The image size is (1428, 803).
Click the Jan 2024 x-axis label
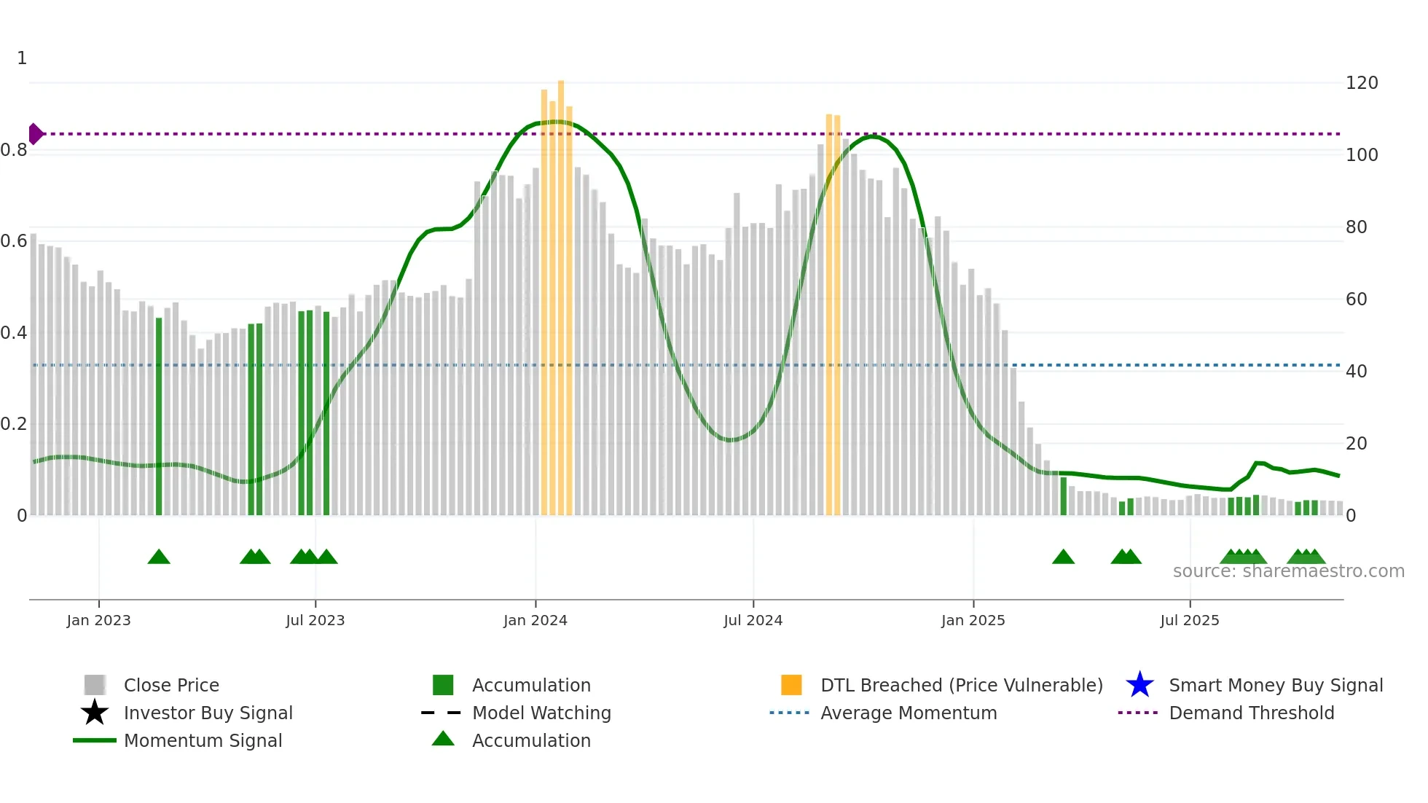535,620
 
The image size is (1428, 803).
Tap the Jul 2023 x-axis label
315,620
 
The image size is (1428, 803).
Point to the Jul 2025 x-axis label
1189,620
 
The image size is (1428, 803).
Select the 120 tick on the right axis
1361,83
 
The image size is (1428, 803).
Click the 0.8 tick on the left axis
14,150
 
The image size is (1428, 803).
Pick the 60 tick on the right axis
1356,299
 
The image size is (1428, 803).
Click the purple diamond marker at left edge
35,134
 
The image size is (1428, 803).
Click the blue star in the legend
1139,685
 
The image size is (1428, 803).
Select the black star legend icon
95,713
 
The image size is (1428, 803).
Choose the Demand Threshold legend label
1251,713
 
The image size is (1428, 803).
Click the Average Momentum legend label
909,713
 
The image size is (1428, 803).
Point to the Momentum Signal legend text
203,740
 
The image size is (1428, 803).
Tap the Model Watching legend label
541,713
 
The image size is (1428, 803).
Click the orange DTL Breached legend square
791,685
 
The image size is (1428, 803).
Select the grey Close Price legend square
95,685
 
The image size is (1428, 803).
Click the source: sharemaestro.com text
1288,571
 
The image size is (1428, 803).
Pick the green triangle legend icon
443,739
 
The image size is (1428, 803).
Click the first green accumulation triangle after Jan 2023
159,557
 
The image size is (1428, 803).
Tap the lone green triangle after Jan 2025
1063,557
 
